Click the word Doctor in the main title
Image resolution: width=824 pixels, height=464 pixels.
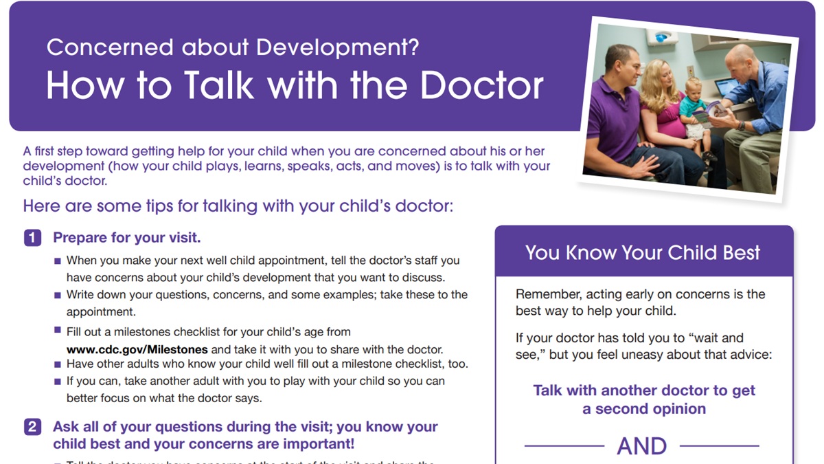[481, 85]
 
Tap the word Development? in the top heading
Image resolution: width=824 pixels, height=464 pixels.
[337, 48]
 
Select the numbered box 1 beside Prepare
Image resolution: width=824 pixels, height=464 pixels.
[32, 238]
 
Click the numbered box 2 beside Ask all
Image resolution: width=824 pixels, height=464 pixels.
[32, 427]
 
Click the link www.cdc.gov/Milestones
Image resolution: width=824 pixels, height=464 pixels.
[137, 349]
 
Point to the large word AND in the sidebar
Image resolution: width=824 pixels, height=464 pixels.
[641, 446]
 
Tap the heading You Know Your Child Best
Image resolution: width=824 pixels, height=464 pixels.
[642, 253]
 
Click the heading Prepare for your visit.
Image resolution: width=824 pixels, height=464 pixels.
[127, 238]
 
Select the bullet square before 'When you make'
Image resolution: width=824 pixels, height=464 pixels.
[58, 261]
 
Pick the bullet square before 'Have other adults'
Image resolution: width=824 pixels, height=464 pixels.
[58, 364]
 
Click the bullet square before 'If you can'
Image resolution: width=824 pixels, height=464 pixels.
[58, 382]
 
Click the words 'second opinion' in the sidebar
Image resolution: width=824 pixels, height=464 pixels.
[651, 409]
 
